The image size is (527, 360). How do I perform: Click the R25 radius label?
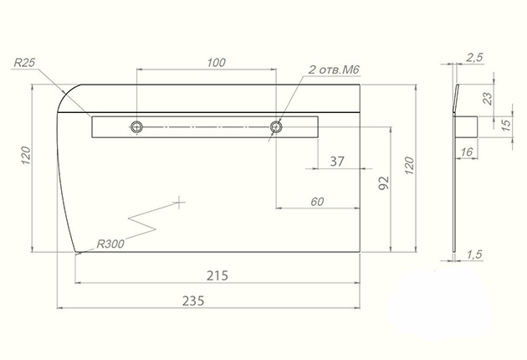click(24, 63)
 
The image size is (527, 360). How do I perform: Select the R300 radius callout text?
click(110, 244)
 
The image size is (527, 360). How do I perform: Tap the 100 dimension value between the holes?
click(216, 63)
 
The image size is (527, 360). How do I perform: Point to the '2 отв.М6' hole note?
click(334, 69)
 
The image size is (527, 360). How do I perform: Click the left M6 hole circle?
click(136, 127)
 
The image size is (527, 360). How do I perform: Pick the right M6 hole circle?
click(276, 127)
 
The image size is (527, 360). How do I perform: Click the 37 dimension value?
click(337, 162)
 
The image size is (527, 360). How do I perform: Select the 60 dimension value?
click(317, 202)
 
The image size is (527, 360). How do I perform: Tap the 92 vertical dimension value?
click(384, 183)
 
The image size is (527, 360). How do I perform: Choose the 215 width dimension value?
click(217, 275)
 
